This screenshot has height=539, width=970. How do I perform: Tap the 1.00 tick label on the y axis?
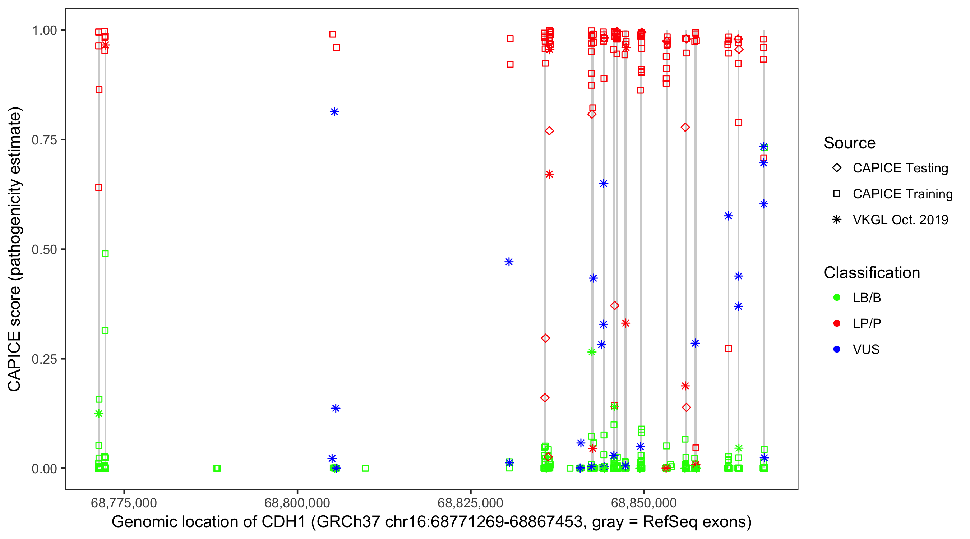coord(44,31)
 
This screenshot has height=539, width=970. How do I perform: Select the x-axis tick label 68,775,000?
coord(124,503)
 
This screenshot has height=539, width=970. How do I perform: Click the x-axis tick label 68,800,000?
coord(297,503)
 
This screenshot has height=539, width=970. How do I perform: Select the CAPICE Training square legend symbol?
coord(837,194)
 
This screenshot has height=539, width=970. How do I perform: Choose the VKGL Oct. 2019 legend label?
coord(900,220)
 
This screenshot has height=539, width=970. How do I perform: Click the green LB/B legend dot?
coord(837,298)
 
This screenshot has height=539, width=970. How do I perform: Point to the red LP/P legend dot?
coord(837,323)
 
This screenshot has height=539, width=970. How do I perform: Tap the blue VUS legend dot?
coord(837,350)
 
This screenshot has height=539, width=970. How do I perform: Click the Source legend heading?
coord(850,143)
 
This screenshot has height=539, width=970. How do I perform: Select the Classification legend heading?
coord(872,273)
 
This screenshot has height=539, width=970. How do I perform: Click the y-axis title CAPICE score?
coord(15,249)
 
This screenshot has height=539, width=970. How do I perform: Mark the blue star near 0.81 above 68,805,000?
coord(334,112)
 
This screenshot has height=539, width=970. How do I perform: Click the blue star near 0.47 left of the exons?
coord(509,262)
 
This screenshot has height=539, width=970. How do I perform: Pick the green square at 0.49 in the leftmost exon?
coord(105,254)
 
